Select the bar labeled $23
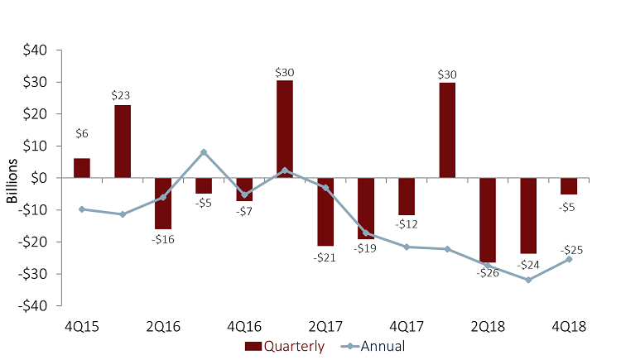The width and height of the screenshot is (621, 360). (x=123, y=142)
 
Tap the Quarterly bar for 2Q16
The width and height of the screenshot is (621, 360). (x=163, y=203)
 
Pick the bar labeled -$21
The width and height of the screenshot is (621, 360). (x=325, y=211)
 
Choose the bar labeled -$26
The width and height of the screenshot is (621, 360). (x=488, y=219)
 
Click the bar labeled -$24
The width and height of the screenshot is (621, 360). (x=528, y=215)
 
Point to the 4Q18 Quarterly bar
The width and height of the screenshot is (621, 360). (x=569, y=186)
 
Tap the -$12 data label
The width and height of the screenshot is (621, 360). (x=406, y=224)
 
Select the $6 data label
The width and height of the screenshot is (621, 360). (x=82, y=132)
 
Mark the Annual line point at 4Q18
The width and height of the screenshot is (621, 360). (x=569, y=259)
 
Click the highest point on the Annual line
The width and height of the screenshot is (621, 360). (x=204, y=152)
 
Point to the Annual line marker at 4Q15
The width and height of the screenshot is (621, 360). (x=82, y=209)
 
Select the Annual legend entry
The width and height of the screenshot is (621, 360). (x=377, y=346)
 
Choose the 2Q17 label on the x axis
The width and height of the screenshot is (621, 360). (x=325, y=325)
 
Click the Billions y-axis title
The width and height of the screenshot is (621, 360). (x=12, y=178)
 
